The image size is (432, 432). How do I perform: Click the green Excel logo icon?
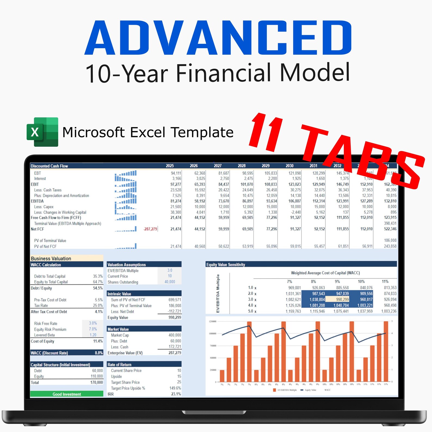(42, 132)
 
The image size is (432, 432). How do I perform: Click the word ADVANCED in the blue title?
(218, 38)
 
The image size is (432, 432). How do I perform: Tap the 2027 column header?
(218, 166)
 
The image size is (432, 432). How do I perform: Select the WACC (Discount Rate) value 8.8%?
(99, 353)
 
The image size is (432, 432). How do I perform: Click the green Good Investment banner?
(67, 394)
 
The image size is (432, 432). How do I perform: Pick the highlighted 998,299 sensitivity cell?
(342, 300)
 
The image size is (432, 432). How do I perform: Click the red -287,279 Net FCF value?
(150, 229)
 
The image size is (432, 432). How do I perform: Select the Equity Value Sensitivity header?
(226, 264)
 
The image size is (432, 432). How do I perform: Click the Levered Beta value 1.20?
(93, 335)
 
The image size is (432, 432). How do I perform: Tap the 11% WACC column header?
(385, 282)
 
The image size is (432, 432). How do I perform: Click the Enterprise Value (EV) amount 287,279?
(175, 353)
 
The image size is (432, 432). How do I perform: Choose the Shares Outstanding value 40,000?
(170, 282)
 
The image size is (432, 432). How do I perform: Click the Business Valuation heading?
(51, 258)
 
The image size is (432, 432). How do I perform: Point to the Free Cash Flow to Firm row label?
(56, 218)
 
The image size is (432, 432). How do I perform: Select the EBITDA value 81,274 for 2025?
(176, 201)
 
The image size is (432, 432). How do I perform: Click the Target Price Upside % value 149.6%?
(175, 388)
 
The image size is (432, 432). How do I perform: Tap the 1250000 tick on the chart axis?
(212, 321)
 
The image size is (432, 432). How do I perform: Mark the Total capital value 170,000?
(97, 382)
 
